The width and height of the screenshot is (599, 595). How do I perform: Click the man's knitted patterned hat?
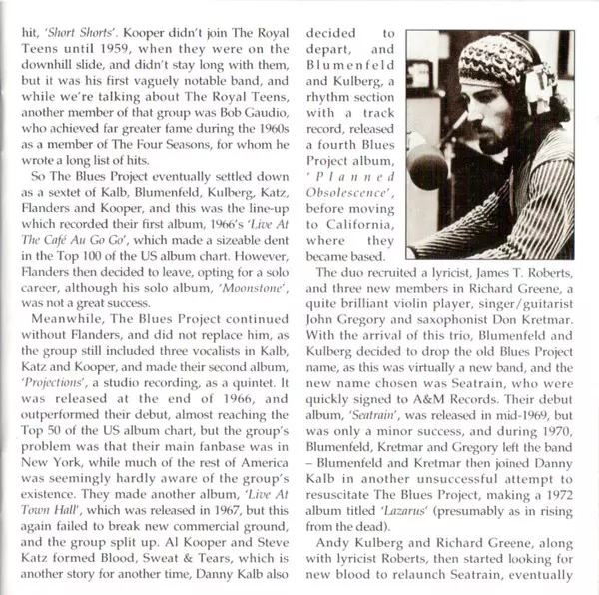pos(497,60)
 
